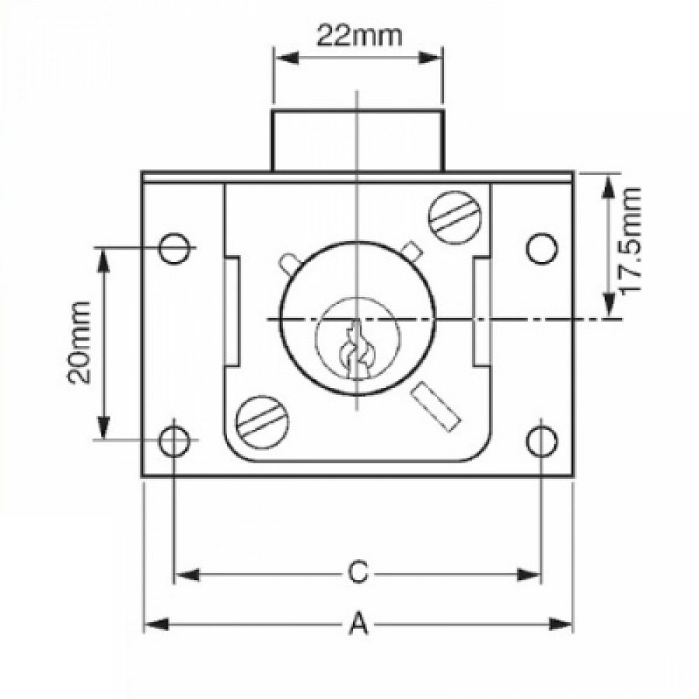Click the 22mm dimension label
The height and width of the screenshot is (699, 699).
pyautogui.click(x=358, y=35)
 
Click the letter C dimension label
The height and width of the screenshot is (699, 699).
pyautogui.click(x=357, y=573)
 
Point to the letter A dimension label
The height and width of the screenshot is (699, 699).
pyautogui.click(x=357, y=623)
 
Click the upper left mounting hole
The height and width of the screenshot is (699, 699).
pyautogui.click(x=174, y=247)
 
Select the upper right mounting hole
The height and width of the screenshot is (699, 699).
pyautogui.click(x=542, y=248)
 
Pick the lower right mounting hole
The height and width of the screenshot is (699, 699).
pyautogui.click(x=542, y=441)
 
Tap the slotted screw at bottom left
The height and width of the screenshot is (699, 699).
pyautogui.click(x=262, y=419)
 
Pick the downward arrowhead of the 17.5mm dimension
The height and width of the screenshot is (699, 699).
pyautogui.click(x=609, y=308)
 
